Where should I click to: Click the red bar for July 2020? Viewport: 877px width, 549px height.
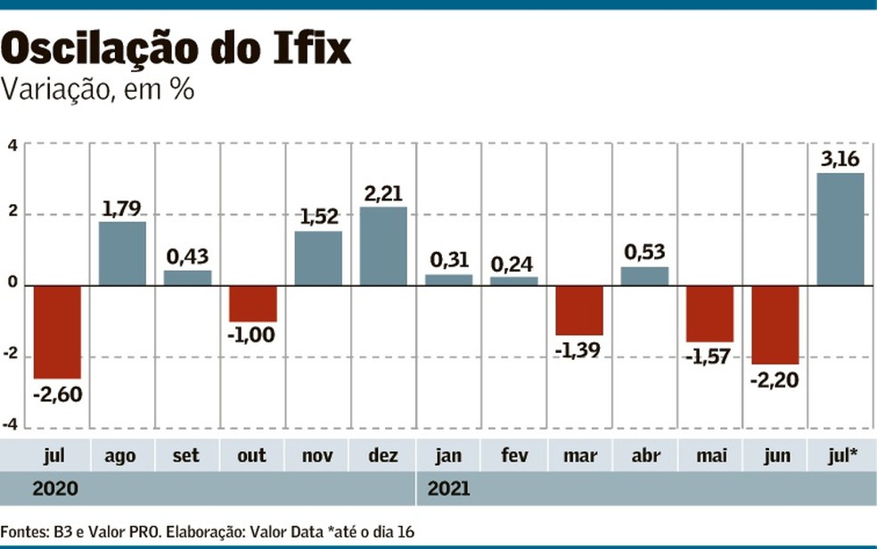[57, 332]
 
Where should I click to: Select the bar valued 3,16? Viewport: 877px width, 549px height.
[840, 229]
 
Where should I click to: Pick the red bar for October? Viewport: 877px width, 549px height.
[253, 303]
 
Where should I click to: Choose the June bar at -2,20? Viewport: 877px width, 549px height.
[775, 324]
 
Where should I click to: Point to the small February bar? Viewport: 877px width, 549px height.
[514, 281]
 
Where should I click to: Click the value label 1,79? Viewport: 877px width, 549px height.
[122, 209]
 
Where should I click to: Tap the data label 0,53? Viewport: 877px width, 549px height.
[644, 252]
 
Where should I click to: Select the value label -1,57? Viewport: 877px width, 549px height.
[709, 356]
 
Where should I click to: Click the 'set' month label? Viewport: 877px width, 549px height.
[187, 455]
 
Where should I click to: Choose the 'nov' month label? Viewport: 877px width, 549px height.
[318, 455]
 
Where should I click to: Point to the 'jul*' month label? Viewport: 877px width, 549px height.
[840, 455]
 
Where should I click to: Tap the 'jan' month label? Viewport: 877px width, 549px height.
[448, 455]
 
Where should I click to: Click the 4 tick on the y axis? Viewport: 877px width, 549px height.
[12, 144]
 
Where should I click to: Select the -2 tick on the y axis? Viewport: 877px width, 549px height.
[11, 356]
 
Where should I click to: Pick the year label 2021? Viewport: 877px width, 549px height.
[448, 488]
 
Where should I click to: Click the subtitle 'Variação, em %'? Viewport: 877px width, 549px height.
[99, 90]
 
